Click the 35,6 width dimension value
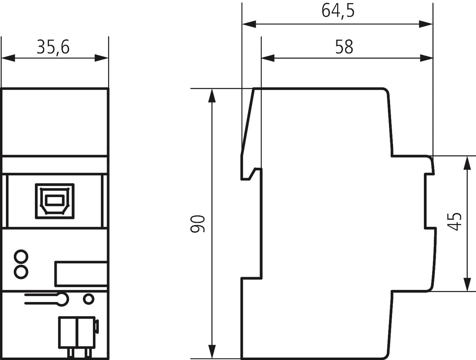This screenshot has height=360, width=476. pos(53,47)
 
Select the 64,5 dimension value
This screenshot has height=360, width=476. pos(338,11)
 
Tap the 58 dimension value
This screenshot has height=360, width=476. pos(344,47)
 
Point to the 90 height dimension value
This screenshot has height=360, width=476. pos(197,224)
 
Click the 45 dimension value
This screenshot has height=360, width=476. pos(454,222)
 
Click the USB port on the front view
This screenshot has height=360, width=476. pos(55,201)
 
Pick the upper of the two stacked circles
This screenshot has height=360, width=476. pos(21,257)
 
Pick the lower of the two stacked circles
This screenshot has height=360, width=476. pos(21,272)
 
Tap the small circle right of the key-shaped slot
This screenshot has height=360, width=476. pos(89,299)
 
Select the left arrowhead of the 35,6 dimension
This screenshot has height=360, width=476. pos(8,58)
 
